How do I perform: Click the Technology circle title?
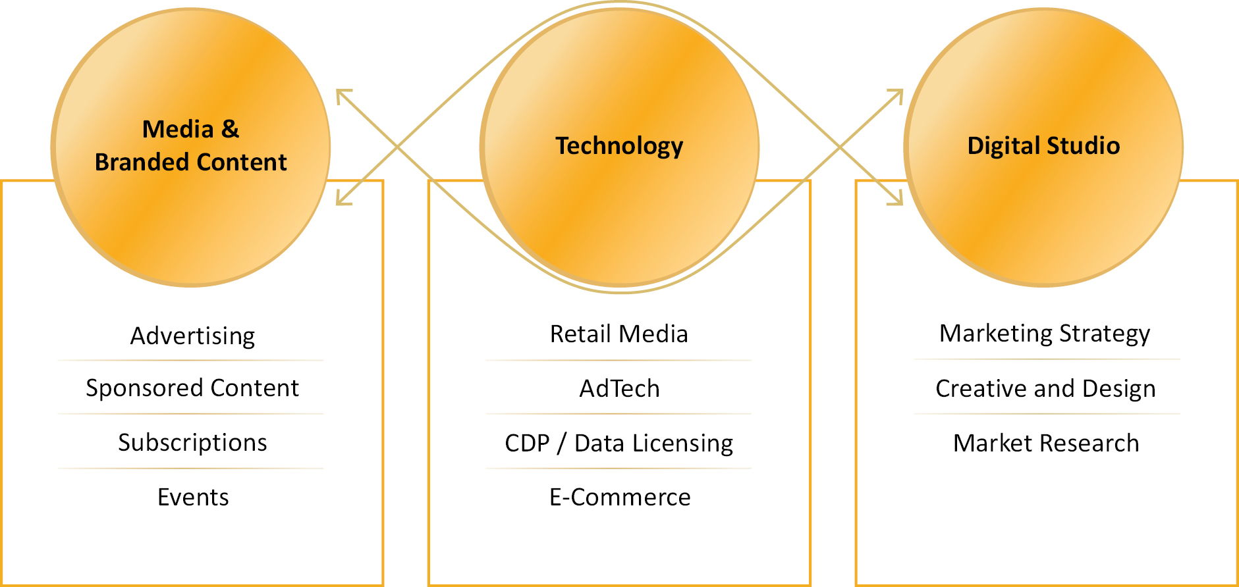(619, 145)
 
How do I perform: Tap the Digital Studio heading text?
(1043, 145)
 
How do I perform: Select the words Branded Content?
(190, 162)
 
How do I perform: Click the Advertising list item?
(192, 336)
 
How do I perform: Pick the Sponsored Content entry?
(192, 388)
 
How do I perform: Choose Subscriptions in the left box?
(192, 442)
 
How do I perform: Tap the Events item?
(193, 497)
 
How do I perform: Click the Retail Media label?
(619, 334)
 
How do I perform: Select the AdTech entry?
(619, 388)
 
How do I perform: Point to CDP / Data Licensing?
(619, 443)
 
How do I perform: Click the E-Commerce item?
(620, 497)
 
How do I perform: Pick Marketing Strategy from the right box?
(1045, 334)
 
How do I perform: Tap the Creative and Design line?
(1045, 388)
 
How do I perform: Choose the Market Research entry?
(1046, 443)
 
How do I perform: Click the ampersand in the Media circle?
(230, 129)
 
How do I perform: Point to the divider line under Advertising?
(191, 361)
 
